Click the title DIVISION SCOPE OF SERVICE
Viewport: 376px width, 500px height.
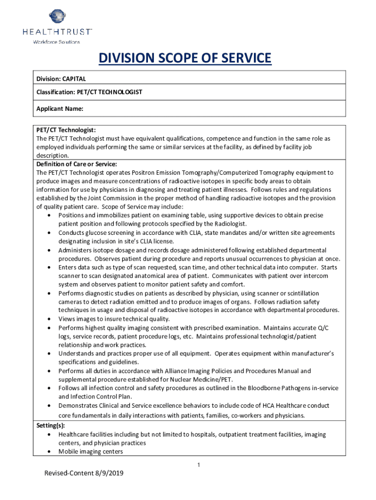pyautogui.click(x=185, y=59)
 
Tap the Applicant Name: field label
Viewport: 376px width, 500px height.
pyautogui.click(x=60, y=108)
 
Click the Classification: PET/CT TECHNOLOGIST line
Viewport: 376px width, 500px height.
pyautogui.click(x=89, y=92)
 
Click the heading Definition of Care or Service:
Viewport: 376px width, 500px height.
pyautogui.click(x=77, y=164)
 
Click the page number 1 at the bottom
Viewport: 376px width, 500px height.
pyautogui.click(x=199, y=464)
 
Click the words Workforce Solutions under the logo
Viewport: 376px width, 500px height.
pyautogui.click(x=56, y=42)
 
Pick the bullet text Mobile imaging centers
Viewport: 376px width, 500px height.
pyautogui.click(x=91, y=452)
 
